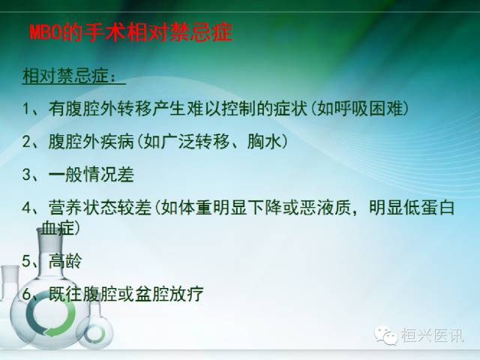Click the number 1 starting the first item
click(x=27, y=110)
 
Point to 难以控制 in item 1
click(x=248, y=110)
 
